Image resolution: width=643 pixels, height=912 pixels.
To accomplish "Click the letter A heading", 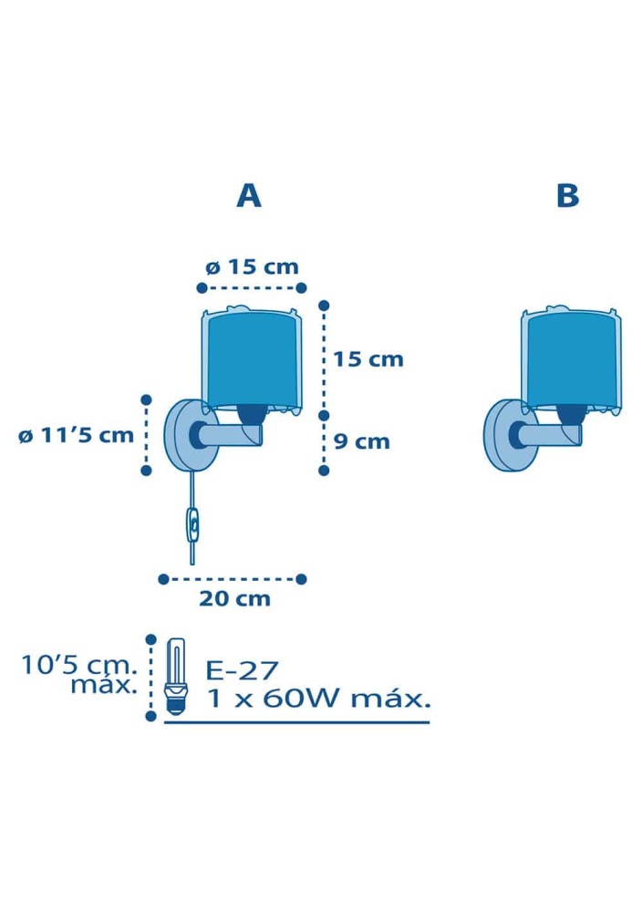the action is pos(248,196).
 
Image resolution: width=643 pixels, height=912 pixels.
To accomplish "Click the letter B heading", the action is pos(567,196).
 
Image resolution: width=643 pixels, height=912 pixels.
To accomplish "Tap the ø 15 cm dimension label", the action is pos(252,267).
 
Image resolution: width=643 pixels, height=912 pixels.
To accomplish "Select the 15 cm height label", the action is pos(368,358).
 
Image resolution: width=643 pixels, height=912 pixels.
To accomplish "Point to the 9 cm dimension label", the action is pos(361,441).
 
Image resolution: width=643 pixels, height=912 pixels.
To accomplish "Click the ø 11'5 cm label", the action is pos(77,435).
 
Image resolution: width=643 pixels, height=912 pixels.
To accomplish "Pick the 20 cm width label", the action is pos(234,598).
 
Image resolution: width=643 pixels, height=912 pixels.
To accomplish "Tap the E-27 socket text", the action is pos(242,670).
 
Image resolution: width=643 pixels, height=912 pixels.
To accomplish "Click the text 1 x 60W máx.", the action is pos(319,698).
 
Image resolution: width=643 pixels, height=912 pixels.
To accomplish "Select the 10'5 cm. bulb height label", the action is pos(79,664).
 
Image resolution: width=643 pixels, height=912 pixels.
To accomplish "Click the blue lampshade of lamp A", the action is pos(252,360).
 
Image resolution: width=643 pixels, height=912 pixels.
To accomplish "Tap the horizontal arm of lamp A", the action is pos(231,434).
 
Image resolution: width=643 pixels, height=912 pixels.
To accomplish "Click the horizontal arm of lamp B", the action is pos(551,434).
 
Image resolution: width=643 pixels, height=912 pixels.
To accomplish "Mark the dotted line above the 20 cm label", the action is pos(233,579).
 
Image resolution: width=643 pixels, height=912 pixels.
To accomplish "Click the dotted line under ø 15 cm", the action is pos(252,287).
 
